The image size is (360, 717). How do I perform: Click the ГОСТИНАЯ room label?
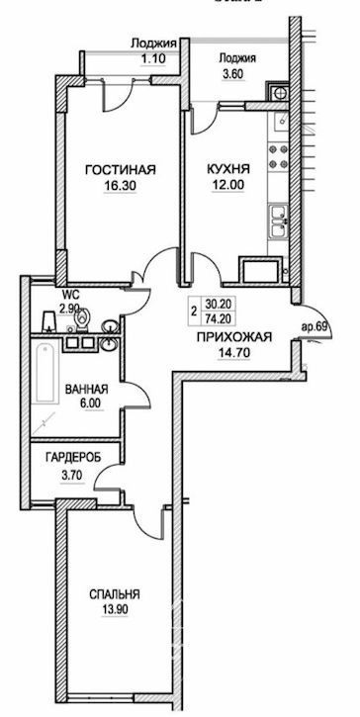click(x=121, y=170)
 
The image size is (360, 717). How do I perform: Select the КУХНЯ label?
click(x=228, y=170)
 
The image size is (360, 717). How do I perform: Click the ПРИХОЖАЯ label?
click(x=234, y=337)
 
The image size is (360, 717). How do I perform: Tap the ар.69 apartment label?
click(x=313, y=327)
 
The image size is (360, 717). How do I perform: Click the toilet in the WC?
click(x=82, y=318)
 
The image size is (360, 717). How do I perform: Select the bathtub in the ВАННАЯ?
click(x=45, y=373)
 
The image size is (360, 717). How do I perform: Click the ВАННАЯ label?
click(x=86, y=390)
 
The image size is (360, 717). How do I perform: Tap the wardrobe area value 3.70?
click(x=73, y=475)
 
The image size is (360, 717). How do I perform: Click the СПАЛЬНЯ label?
click(x=115, y=595)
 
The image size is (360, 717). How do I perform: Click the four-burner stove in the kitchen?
click(x=278, y=156)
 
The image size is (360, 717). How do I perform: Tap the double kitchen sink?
click(x=278, y=222)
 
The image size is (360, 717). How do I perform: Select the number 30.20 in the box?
click(x=218, y=304)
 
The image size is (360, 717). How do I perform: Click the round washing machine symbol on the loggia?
click(x=279, y=93)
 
